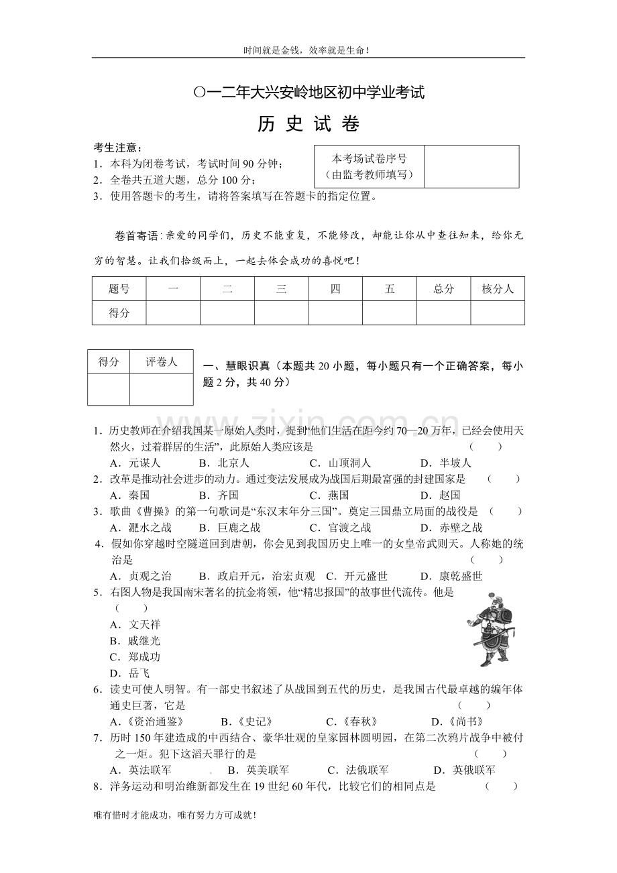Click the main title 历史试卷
pyautogui.click(x=308, y=125)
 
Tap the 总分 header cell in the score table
pyautogui.click(x=443, y=289)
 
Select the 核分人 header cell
pyautogui.click(x=498, y=289)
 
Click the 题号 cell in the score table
pyautogui.click(x=119, y=289)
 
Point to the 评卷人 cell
pyautogui.click(x=161, y=362)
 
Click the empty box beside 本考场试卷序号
pyautogui.click(x=471, y=166)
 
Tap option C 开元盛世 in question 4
pyautogui.click(x=357, y=576)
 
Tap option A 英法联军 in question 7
pyautogui.click(x=140, y=770)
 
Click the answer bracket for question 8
pyautogui.click(x=501, y=787)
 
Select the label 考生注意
pyautogui.click(x=117, y=148)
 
